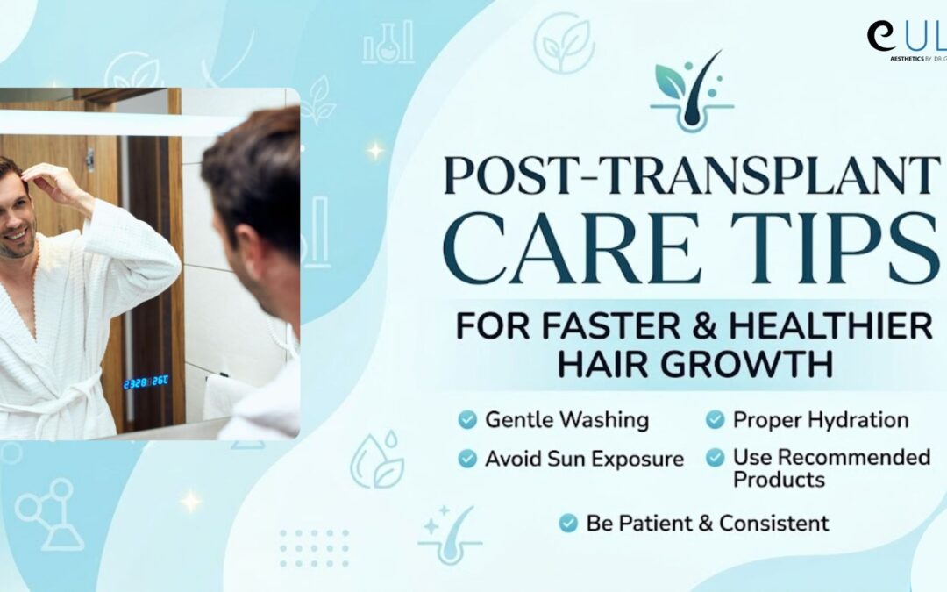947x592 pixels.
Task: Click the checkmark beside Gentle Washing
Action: [x=467, y=421]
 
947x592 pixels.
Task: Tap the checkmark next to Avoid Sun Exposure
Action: [x=467, y=459]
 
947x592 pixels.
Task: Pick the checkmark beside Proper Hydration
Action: [x=716, y=421]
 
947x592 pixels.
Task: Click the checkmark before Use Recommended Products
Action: [x=716, y=458]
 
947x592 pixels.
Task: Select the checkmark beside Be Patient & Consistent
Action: [x=568, y=524]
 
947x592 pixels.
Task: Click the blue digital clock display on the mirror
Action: [x=146, y=383]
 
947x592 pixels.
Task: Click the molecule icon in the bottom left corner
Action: [x=49, y=513]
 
